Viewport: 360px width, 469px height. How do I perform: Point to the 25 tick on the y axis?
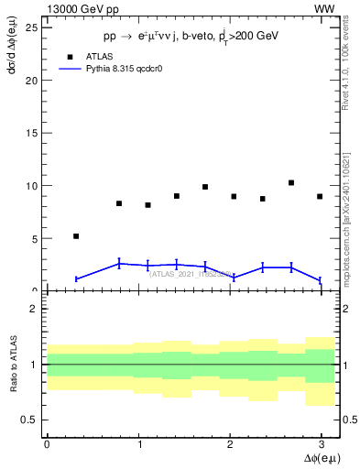coord(32,27)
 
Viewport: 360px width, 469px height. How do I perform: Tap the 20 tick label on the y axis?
coord(32,80)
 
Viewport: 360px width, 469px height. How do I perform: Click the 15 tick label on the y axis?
coord(32,133)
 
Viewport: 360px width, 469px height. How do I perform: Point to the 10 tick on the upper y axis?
coord(32,186)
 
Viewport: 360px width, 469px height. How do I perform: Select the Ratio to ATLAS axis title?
coord(12,365)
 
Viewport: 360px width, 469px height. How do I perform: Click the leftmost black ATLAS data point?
coord(76,236)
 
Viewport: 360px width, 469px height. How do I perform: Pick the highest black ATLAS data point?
coord(291,182)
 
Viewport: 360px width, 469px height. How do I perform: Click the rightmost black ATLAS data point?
coord(320,196)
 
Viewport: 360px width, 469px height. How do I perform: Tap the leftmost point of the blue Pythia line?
coord(76,278)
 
